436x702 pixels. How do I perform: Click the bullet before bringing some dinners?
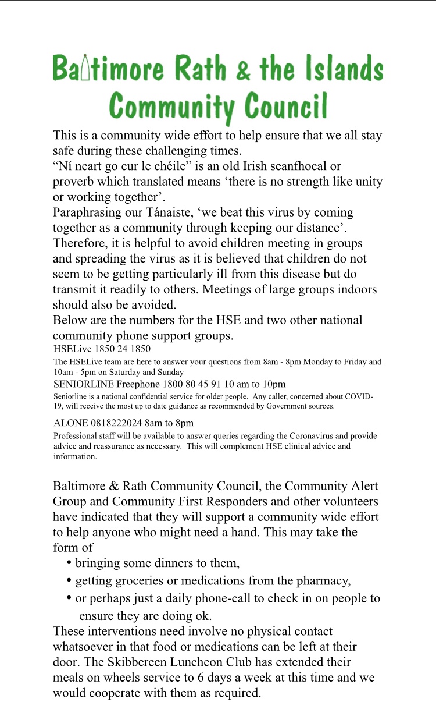[70, 563]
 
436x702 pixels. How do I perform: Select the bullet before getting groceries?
[70, 580]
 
